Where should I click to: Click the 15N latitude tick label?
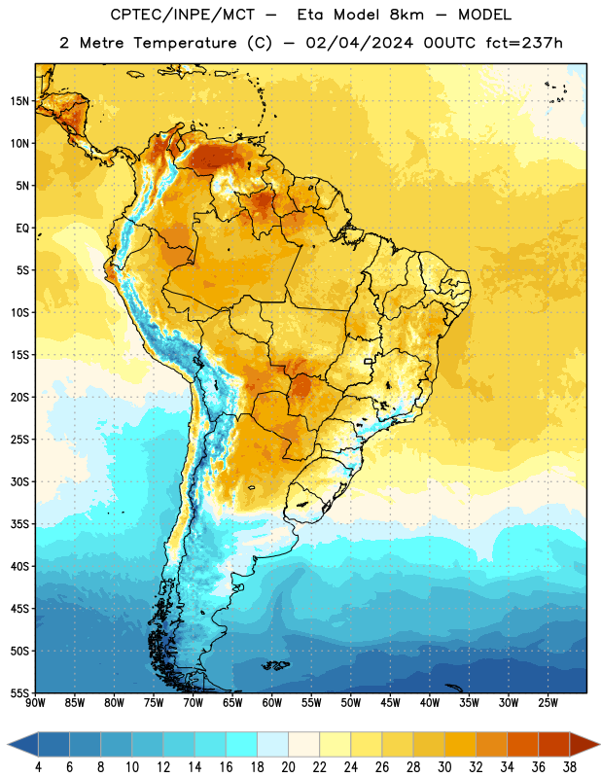(19, 101)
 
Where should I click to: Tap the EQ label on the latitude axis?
(22, 229)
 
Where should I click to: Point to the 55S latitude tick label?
(19, 693)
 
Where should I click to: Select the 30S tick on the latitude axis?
(19, 481)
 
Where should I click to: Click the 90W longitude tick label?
(35, 703)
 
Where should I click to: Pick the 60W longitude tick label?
(272, 703)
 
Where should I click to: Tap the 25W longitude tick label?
(548, 703)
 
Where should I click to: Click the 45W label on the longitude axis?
(391, 703)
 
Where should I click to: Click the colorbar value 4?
(38, 767)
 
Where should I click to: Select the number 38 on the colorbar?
(570, 767)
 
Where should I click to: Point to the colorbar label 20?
(288, 767)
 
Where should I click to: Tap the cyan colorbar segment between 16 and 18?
(242, 744)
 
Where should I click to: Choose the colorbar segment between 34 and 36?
(522, 744)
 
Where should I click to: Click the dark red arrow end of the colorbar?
(583, 744)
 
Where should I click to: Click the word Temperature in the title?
(185, 43)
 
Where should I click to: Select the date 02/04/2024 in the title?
(359, 43)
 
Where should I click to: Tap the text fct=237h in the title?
(524, 43)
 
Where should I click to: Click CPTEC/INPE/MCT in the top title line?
(182, 15)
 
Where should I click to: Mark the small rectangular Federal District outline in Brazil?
(369, 361)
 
